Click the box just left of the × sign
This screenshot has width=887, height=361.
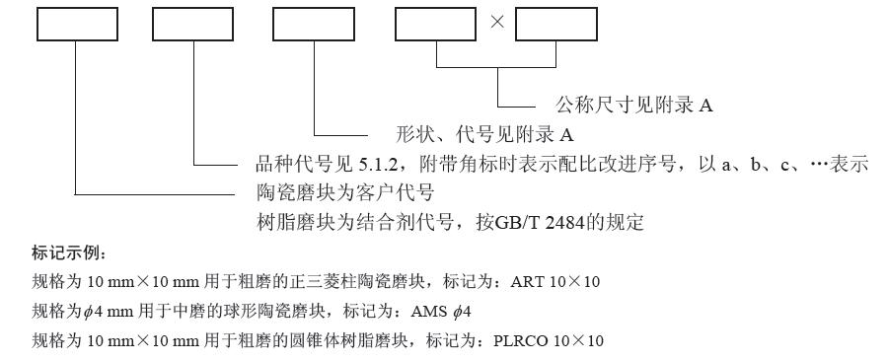pyautogui.click(x=436, y=24)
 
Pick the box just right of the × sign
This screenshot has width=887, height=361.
pyautogui.click(x=556, y=24)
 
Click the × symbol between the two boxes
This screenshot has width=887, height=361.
pyautogui.click(x=496, y=24)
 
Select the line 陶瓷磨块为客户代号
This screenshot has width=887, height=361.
pyautogui.click(x=344, y=192)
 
